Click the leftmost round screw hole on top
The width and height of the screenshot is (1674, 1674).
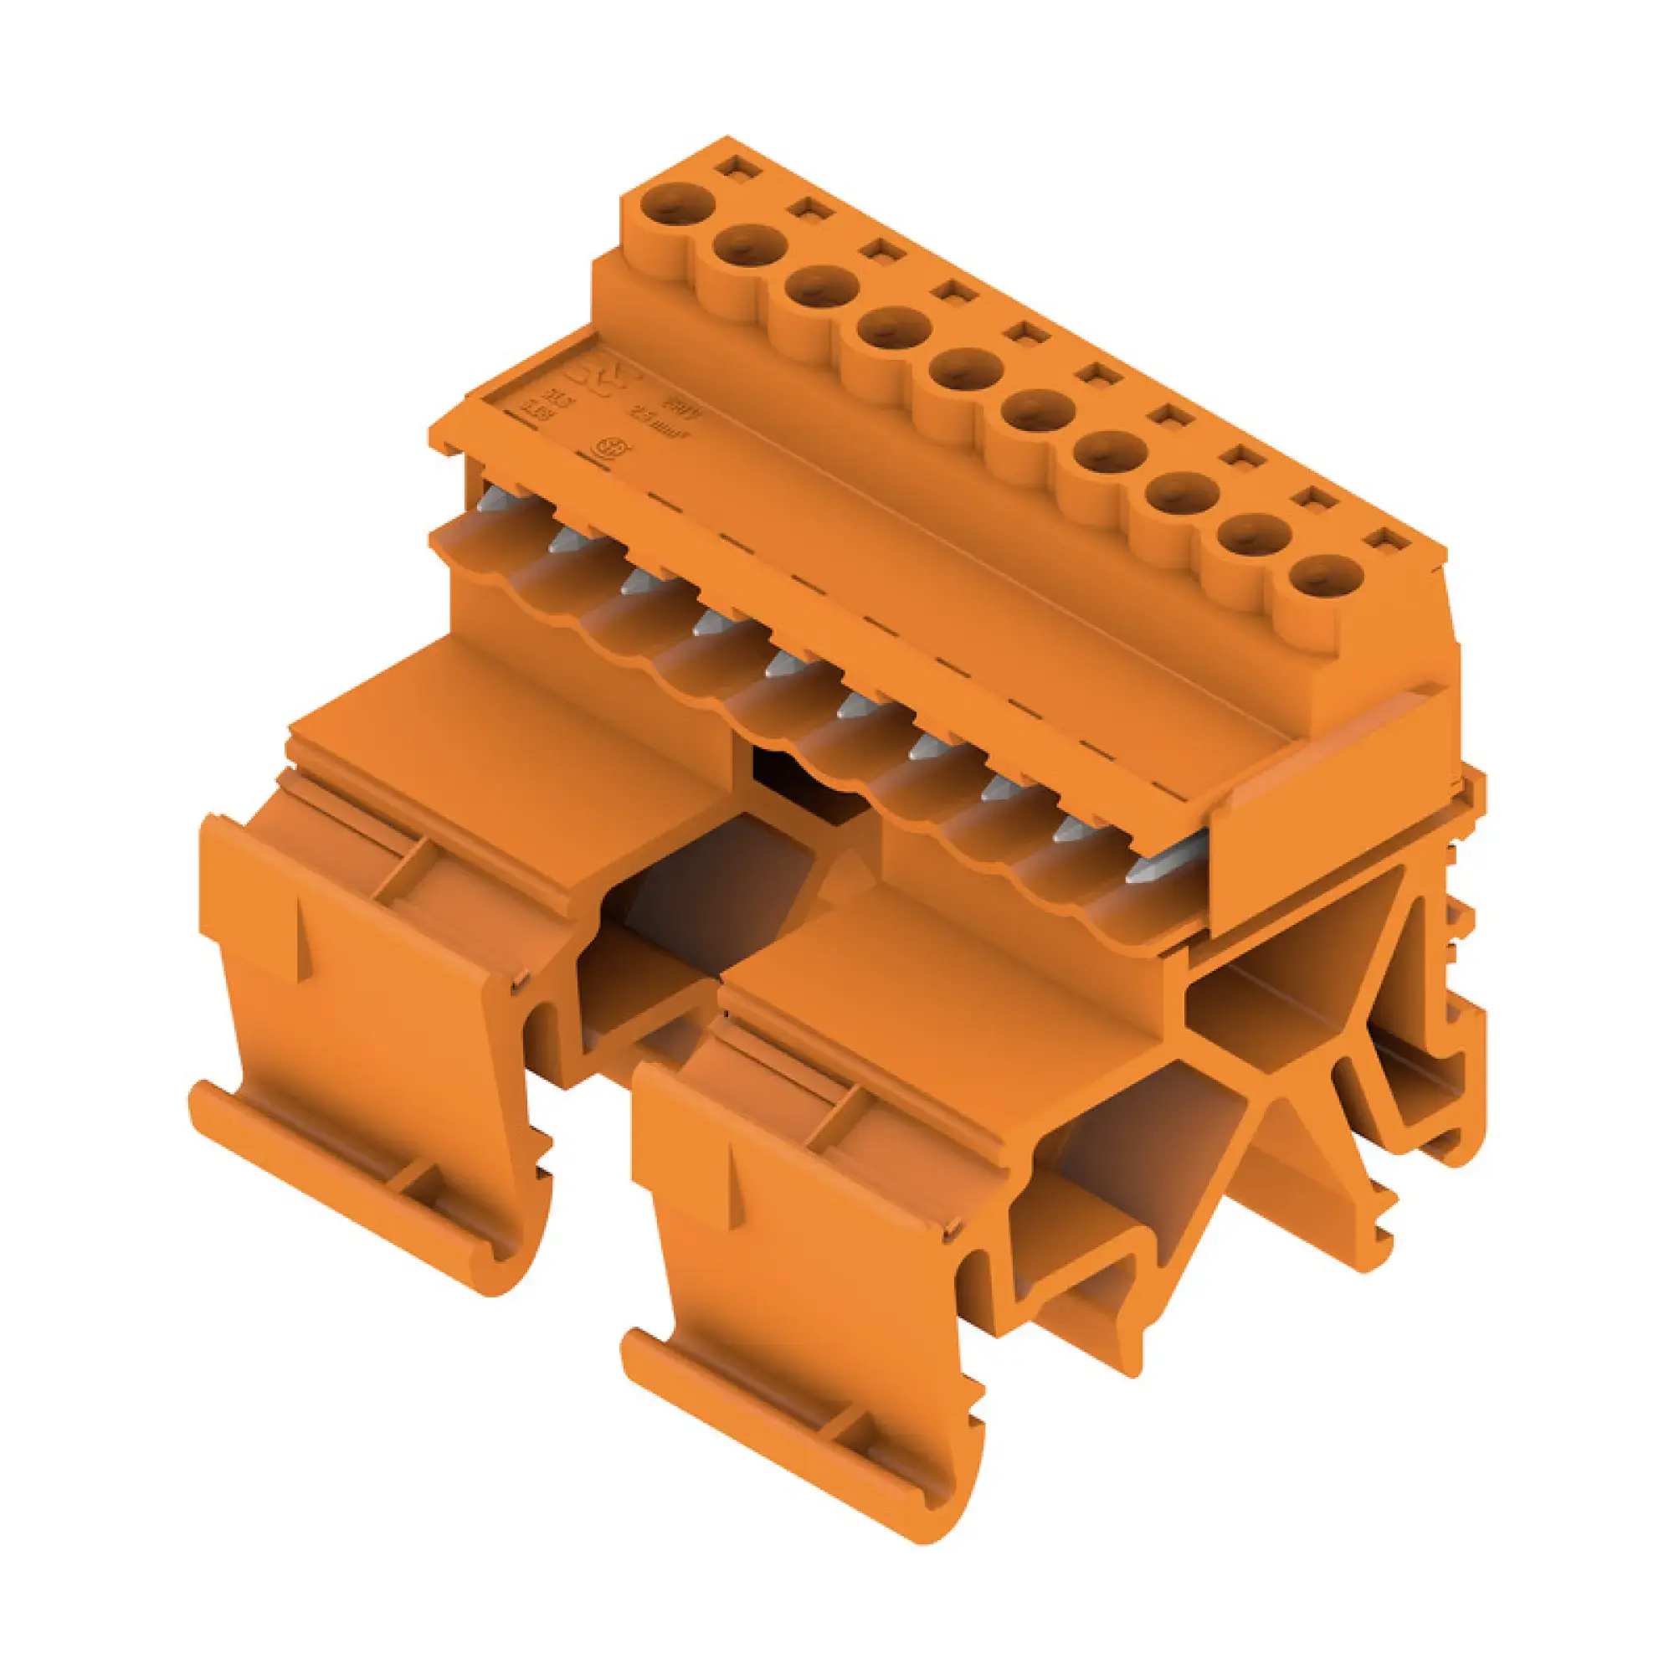pos(678,206)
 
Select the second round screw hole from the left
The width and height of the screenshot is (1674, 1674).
pos(749,248)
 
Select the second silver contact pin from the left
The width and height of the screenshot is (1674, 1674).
pos(564,542)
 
